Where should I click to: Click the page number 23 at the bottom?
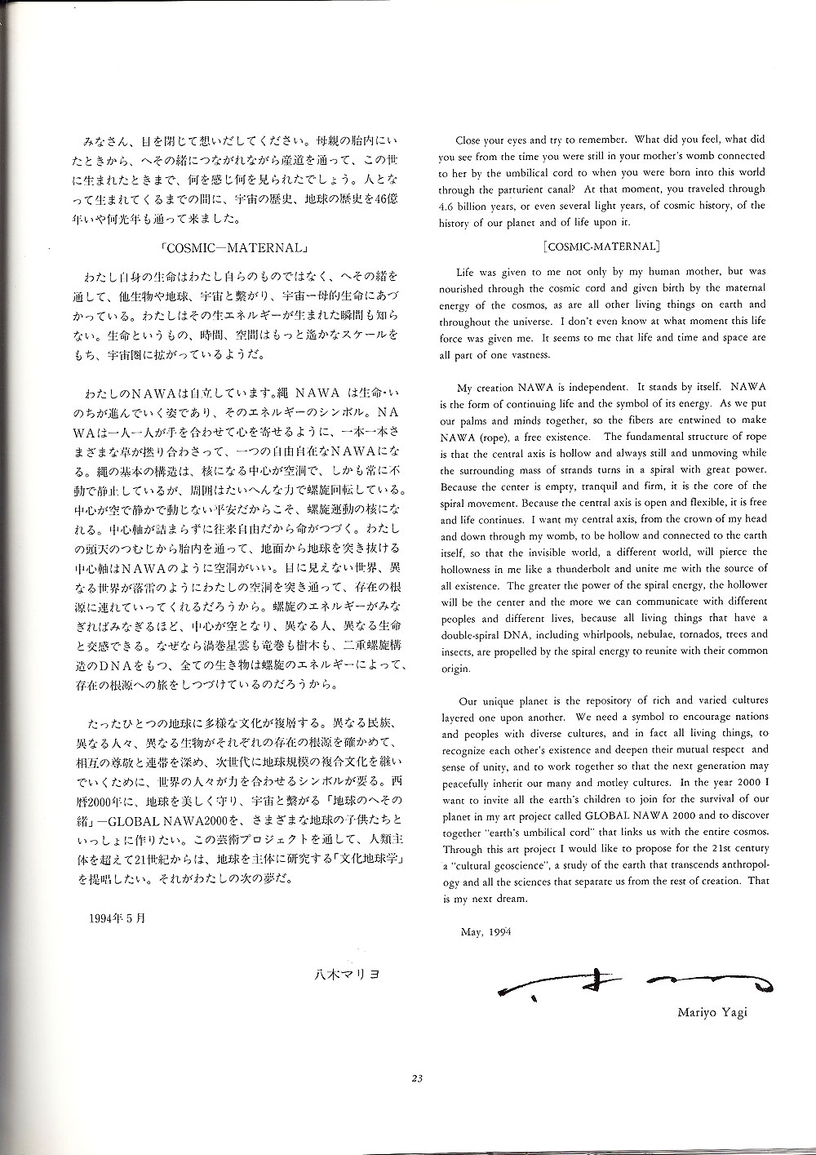(x=416, y=1080)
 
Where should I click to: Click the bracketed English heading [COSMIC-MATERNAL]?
(x=601, y=245)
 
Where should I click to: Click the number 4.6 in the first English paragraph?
(x=448, y=206)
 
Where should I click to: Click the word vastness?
(x=530, y=354)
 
